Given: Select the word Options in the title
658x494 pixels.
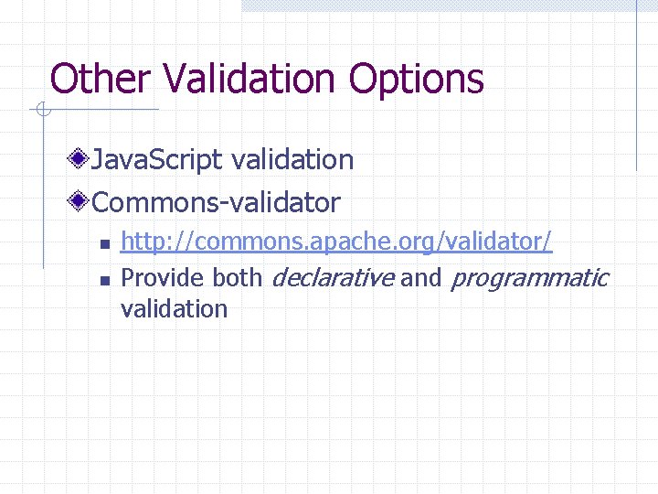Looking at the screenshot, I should pos(417,79).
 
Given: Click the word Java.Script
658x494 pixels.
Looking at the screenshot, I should pos(157,160).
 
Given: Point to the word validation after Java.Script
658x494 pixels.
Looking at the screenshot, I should pos(292,160).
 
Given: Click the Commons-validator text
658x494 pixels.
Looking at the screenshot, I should pos(216,201).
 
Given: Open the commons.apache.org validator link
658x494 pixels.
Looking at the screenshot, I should pos(336,242).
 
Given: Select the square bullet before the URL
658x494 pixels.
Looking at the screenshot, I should pos(104,244).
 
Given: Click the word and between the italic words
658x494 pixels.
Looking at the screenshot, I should pos(420,277).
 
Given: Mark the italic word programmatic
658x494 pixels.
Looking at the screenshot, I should pos(530,277).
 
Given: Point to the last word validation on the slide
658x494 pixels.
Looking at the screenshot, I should pos(174,308).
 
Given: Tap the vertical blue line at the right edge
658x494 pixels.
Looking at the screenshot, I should pos(637,87).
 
